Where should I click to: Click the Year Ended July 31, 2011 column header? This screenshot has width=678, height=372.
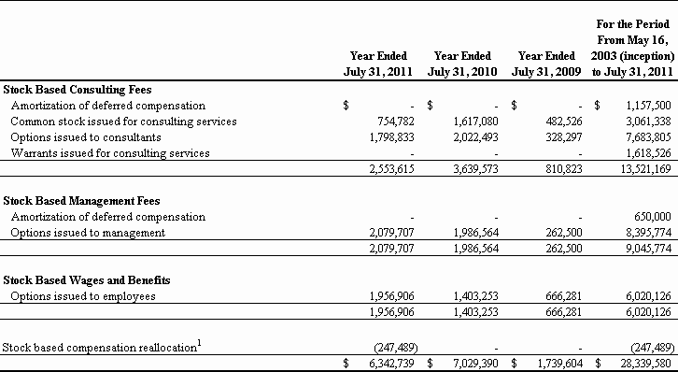[x=378, y=64]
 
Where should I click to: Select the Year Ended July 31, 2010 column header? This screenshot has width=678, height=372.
[x=462, y=64]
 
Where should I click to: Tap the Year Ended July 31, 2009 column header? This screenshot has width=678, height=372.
[x=546, y=64]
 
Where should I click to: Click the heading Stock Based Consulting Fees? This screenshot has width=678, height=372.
[x=78, y=90]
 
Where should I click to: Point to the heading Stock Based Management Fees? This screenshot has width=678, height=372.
[x=81, y=201]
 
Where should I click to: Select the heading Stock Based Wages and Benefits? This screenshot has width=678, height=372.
[x=87, y=280]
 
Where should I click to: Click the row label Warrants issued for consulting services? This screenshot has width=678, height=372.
[x=110, y=153]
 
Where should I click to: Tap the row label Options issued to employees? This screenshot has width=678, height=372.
[x=83, y=296]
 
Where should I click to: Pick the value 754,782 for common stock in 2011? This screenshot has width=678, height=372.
[x=396, y=122]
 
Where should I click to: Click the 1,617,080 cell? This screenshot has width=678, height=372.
[x=476, y=122]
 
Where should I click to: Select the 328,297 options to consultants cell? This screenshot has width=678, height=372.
[x=564, y=137]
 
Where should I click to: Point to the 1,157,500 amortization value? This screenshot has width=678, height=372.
[x=649, y=106]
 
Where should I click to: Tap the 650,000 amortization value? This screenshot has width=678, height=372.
[x=653, y=217]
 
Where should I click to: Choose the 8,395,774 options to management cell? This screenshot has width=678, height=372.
[x=649, y=233]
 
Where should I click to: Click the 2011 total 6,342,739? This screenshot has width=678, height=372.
[x=391, y=364]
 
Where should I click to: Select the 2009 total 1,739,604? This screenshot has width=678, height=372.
[x=560, y=364]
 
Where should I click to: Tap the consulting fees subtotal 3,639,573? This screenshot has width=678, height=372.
[x=476, y=169]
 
